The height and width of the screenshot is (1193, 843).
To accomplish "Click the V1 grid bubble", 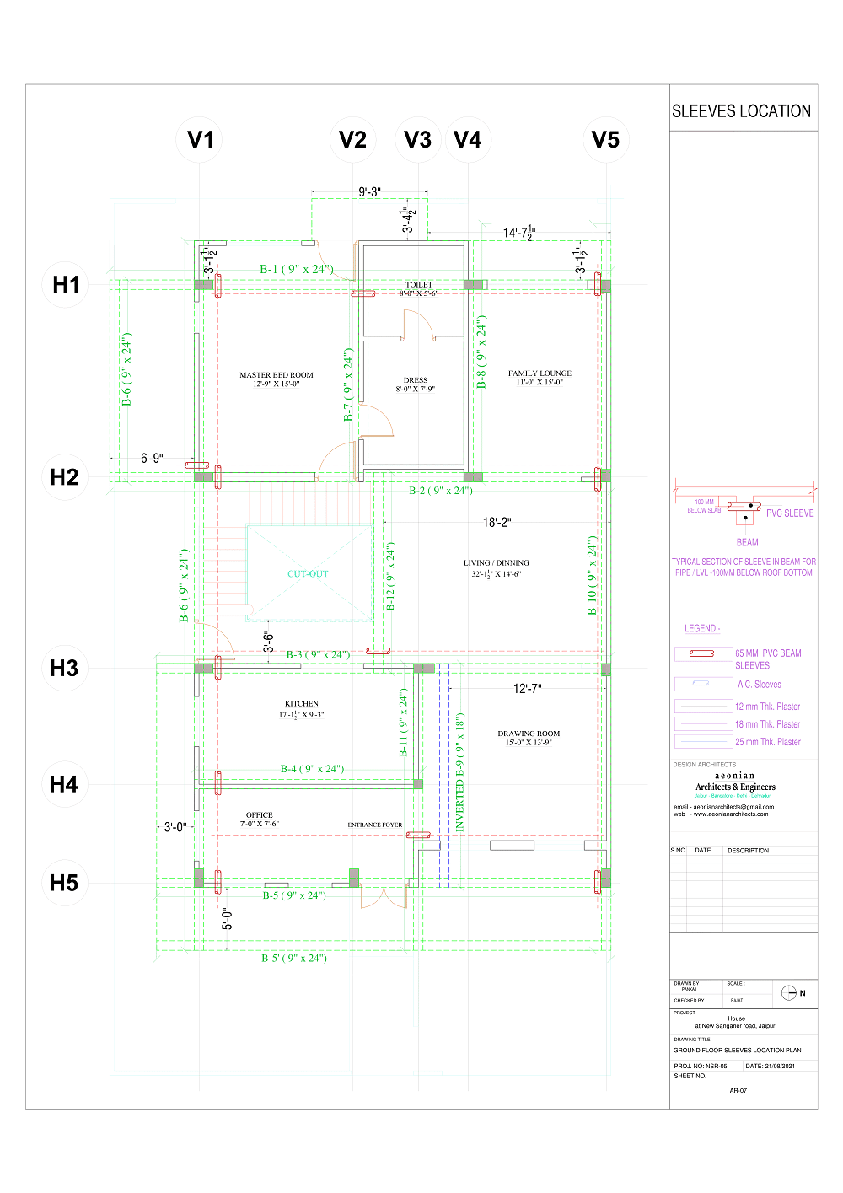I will pos(200,140).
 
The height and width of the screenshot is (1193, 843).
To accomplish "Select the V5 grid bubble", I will pos(605,140).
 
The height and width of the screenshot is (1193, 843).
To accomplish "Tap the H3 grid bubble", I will pos(64,669).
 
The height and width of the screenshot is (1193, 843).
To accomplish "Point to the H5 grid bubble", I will pos(64,884).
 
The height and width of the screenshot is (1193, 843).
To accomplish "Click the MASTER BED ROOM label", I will pos(276,379).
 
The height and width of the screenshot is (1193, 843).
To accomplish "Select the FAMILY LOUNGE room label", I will pos(540,378).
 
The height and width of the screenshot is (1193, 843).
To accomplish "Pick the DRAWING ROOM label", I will pos(529,738).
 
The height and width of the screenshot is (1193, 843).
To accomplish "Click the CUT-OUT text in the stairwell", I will pos(308,574).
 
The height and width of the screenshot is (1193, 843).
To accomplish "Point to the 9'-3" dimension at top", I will pos(369,192).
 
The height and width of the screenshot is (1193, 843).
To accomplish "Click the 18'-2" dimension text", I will pos(497,523).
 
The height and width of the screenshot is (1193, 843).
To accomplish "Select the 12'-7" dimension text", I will pos(527,689).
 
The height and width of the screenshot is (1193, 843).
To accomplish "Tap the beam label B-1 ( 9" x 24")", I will pos(296,269).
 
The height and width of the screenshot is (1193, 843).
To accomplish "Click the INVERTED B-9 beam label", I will pos(460,772).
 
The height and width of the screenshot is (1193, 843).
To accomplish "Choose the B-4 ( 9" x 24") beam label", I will pos(312,769).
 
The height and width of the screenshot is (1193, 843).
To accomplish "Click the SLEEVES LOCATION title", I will pos(741,111).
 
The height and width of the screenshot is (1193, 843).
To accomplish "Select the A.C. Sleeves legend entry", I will pos(759,685).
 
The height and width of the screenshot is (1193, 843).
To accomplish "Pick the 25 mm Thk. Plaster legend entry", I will pos(767,742).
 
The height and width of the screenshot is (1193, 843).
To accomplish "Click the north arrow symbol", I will pos(789,992).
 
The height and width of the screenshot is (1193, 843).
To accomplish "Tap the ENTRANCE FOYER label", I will pos(374,825).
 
